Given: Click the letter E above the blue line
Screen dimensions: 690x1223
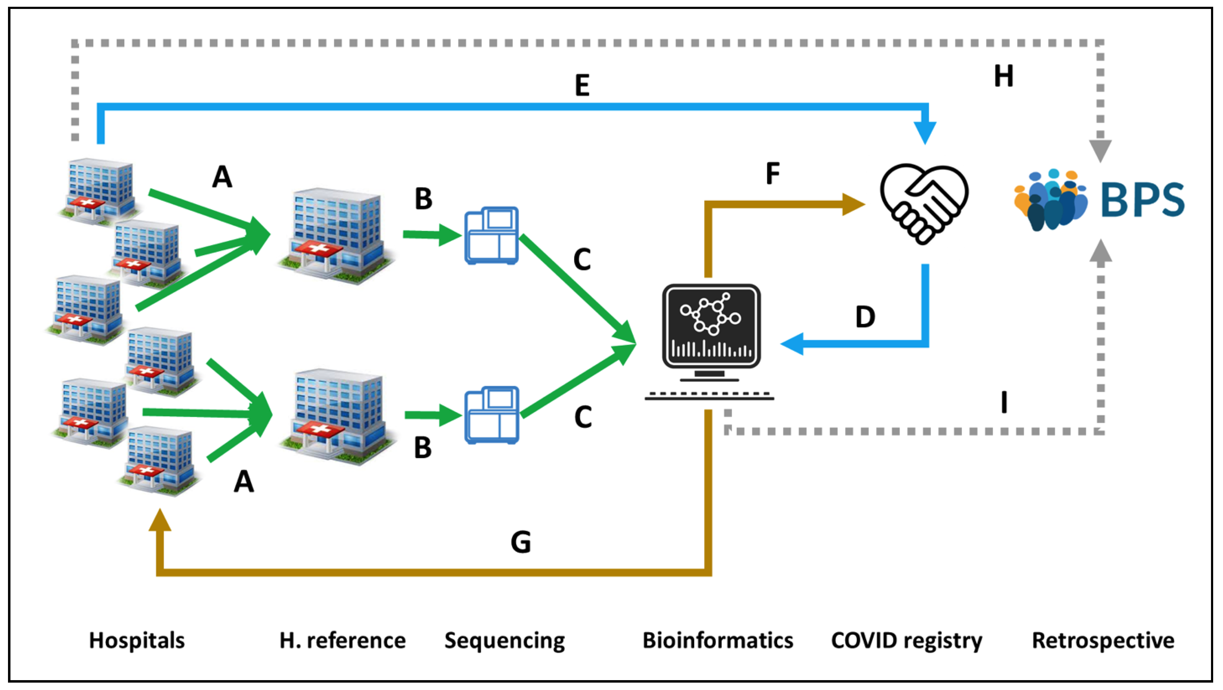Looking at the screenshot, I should (x=582, y=86).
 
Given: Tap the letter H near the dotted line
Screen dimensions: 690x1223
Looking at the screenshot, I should (x=1004, y=76).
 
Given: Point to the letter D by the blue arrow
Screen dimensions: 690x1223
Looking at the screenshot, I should (x=865, y=317).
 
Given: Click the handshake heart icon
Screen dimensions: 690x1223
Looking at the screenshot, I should (x=924, y=204).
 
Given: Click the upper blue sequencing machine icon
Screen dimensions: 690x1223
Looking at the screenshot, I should (x=491, y=235).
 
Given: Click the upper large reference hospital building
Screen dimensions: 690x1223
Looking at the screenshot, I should (x=336, y=235).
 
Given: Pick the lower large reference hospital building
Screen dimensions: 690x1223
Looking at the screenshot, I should (x=337, y=416).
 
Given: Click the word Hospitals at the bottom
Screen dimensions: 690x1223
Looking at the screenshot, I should (x=137, y=640).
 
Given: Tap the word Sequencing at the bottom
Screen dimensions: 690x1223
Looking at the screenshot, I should (x=505, y=640).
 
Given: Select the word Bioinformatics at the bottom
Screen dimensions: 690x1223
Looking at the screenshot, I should (x=718, y=640).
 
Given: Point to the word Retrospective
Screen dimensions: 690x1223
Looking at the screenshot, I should (x=1103, y=640).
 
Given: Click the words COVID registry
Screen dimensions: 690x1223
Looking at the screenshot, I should (x=906, y=640).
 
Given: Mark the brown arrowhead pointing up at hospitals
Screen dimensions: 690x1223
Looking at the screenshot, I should (x=160, y=520).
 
